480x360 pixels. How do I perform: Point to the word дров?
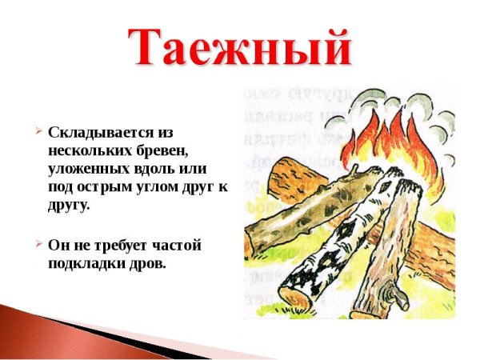[x=148, y=263]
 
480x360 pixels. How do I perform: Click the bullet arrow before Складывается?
[x=37, y=130]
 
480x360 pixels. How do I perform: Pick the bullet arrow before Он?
[x=37, y=244]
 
